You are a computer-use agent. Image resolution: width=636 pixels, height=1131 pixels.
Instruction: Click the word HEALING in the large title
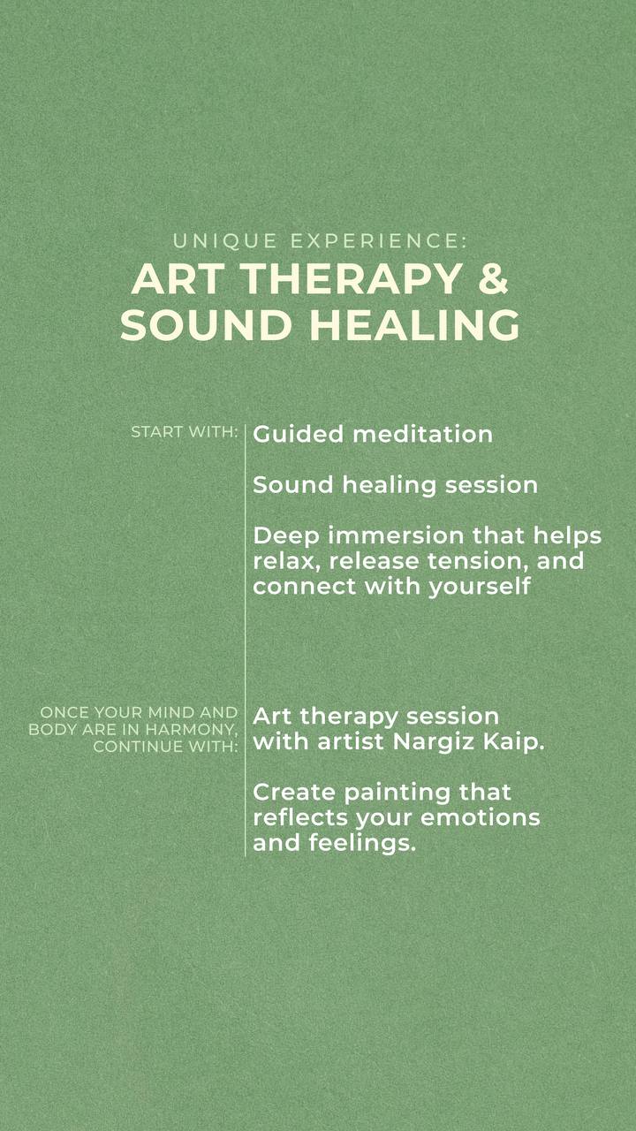click(x=414, y=324)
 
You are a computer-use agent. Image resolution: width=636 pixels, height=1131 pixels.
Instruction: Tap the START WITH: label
click(x=185, y=432)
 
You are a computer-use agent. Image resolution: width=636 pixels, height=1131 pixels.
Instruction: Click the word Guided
click(x=298, y=434)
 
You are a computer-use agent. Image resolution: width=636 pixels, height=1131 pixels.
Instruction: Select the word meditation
click(x=422, y=434)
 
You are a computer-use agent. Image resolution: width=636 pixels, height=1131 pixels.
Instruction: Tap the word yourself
click(x=479, y=588)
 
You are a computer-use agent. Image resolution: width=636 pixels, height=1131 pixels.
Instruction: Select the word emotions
click(x=480, y=818)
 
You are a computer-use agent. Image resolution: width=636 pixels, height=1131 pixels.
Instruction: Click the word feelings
click(x=362, y=844)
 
